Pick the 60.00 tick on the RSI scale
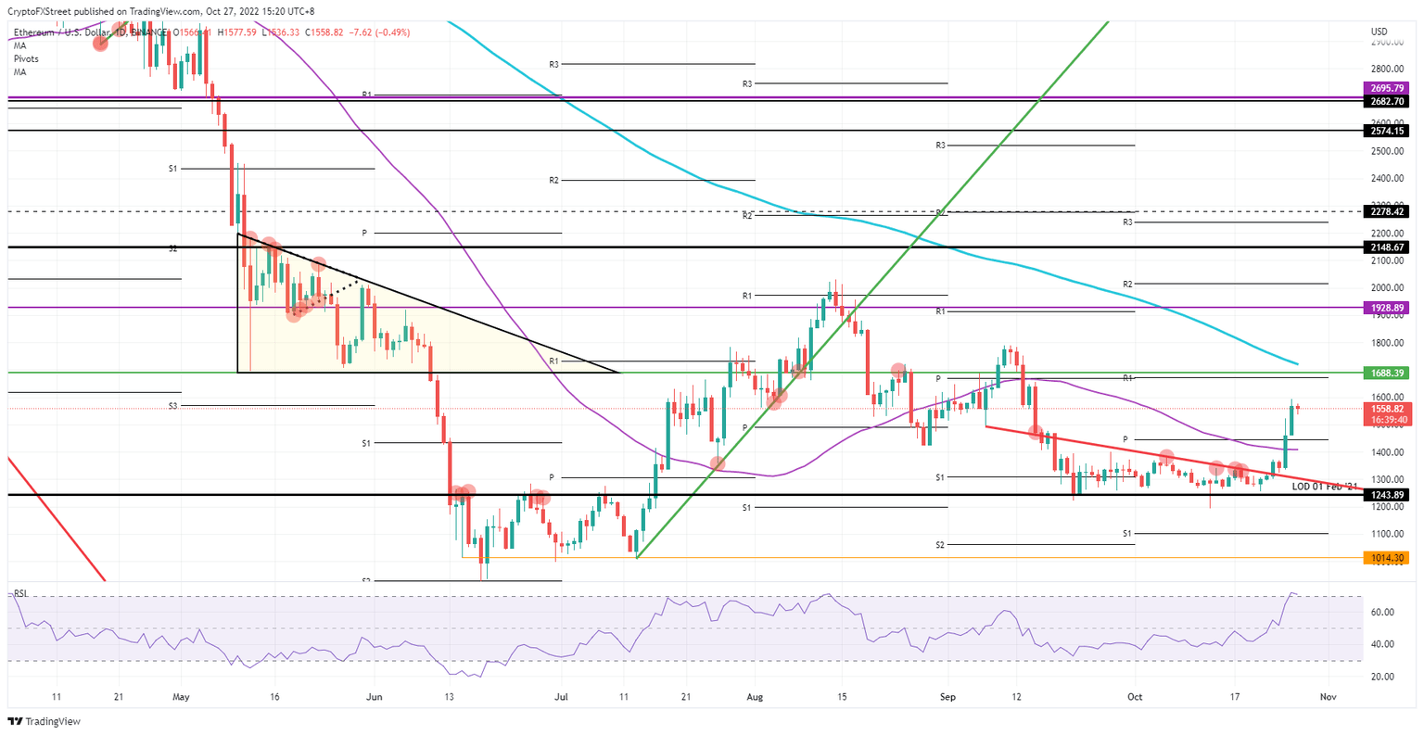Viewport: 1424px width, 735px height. pos(1383,612)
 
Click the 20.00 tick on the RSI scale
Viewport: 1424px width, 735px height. pos(1383,677)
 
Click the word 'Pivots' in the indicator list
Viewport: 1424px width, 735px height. pos(26,58)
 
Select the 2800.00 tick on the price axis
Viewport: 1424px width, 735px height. pos(1386,69)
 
